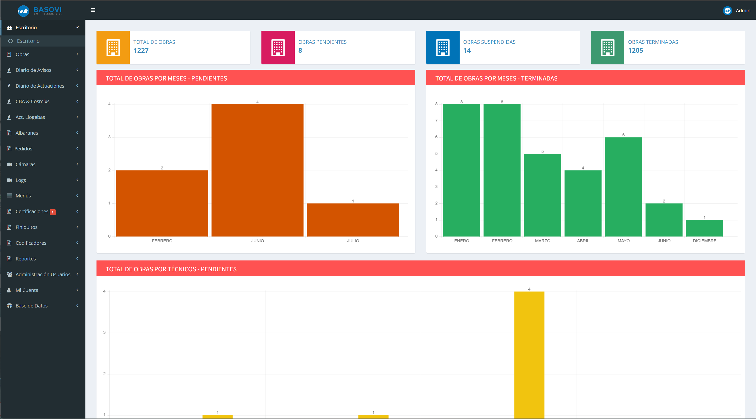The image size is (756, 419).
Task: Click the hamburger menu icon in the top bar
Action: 93,10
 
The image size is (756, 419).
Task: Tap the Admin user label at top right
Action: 743,11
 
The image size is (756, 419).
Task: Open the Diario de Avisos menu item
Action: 33,70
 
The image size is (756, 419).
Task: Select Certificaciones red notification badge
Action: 52,212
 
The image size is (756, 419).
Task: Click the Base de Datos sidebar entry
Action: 32,306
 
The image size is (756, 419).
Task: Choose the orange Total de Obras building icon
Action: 113,47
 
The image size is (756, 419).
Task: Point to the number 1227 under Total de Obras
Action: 141,50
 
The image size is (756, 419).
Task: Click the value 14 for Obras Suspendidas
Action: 467,50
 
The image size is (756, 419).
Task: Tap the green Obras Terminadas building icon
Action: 608,47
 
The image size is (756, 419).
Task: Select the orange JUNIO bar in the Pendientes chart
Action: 257,170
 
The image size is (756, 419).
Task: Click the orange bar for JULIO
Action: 353,220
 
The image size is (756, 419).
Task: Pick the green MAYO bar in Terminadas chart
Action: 623,187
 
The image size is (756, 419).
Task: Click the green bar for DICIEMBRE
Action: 704,228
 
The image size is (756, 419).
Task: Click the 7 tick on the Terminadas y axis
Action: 436,121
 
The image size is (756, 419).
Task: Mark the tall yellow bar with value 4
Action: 529,355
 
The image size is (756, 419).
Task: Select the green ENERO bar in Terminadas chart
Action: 462,170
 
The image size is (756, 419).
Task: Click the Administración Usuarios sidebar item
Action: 43,274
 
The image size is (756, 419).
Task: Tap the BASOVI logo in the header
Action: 40,11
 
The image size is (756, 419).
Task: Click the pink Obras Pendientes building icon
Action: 278,47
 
